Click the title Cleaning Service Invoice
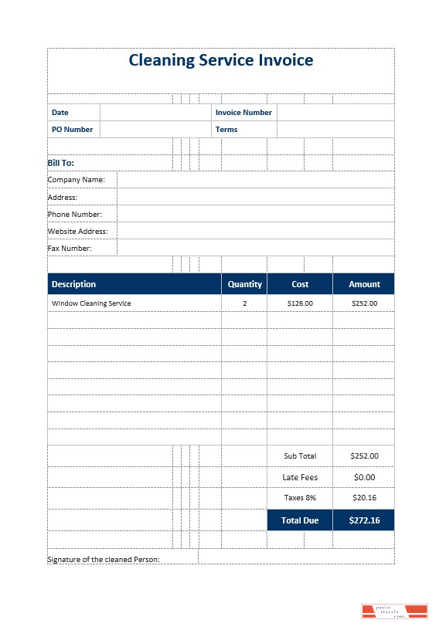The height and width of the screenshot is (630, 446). (221, 60)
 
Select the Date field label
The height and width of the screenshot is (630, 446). (60, 113)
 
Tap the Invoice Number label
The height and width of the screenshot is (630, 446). (243, 113)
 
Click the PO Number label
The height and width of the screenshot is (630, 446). (72, 130)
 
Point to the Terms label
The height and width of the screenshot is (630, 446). (226, 130)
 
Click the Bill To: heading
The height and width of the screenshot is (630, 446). (61, 163)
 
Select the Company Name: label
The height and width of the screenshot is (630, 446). (77, 180)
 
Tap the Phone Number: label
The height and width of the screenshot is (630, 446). (75, 215)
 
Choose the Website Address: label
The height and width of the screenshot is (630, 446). (77, 232)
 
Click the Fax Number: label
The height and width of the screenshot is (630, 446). (70, 249)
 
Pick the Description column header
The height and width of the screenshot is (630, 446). (74, 284)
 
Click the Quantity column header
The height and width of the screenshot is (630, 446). (245, 284)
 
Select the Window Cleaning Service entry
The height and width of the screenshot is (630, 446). (91, 303)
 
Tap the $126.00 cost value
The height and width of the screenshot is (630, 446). (300, 303)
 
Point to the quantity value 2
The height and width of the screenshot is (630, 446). (245, 303)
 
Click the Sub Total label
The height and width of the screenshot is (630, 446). (300, 456)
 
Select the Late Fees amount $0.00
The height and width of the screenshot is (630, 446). (364, 477)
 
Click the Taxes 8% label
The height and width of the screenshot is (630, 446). (300, 498)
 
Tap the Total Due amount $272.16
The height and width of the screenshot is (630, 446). (364, 520)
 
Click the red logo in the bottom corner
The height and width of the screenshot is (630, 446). (394, 611)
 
